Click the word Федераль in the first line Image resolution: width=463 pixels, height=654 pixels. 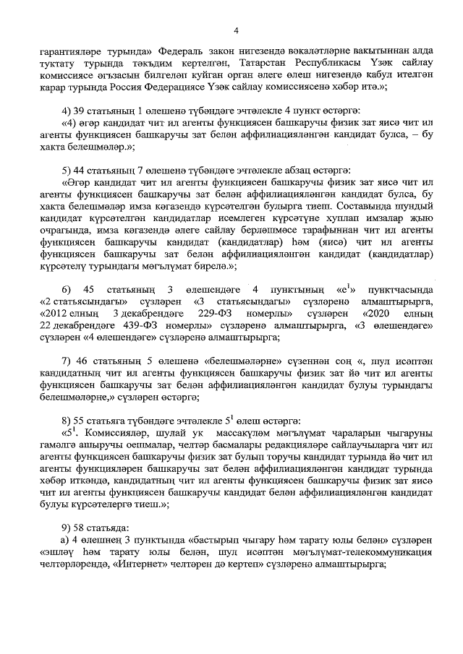point(188,52)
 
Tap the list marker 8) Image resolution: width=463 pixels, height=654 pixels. point(69,419)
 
